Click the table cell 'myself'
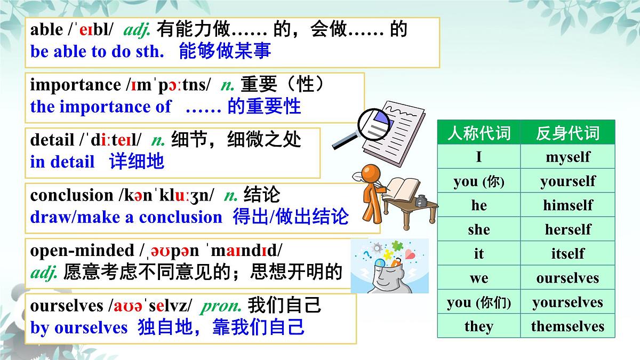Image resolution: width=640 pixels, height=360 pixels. pos(567,157)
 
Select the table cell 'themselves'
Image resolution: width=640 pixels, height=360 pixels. pos(567,326)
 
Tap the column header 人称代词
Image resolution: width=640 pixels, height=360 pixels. pos(478,133)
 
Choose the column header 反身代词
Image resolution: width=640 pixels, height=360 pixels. pos(567,133)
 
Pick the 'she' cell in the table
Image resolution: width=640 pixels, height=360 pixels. pos(478,229)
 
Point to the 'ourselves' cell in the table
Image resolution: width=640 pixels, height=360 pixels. pos(567,278)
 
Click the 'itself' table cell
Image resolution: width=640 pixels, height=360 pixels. pos(567,254)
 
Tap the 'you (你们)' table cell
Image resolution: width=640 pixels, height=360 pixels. pos(478,302)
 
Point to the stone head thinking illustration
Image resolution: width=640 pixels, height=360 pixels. pos(389,267)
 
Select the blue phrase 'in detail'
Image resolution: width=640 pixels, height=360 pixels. pos(62,162)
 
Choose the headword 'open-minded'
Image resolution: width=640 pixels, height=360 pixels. pos(82,251)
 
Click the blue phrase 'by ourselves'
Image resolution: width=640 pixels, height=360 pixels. pos(79,327)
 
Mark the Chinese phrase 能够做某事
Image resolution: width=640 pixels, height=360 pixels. pos(225,51)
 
